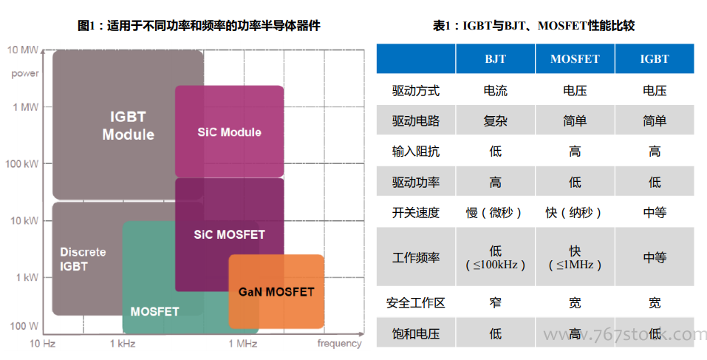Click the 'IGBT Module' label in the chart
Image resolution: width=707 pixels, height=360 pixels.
[x=128, y=126]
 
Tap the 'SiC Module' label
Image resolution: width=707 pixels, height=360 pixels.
[x=229, y=132]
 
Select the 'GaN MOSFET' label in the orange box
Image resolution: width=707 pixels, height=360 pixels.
[x=276, y=292]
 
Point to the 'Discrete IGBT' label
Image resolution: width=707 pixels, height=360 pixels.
[x=83, y=259]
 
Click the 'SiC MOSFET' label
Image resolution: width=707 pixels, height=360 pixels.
[x=229, y=234]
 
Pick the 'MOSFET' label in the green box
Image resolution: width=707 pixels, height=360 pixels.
[x=154, y=311]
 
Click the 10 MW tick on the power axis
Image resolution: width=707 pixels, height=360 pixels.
[x=23, y=50]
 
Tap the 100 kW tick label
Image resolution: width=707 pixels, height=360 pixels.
[x=21, y=164]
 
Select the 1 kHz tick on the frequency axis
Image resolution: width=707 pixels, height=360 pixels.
[x=123, y=344]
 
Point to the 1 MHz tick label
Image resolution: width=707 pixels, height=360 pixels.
[x=242, y=344]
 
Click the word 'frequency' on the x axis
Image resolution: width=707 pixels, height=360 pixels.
[x=339, y=344]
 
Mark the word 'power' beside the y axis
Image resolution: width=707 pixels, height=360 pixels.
[x=25, y=73]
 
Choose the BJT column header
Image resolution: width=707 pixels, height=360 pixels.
[x=495, y=58]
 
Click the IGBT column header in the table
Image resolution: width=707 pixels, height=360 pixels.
[x=655, y=58]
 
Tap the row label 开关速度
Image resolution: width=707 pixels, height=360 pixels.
[x=416, y=212]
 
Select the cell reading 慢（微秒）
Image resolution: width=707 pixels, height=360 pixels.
[x=495, y=212]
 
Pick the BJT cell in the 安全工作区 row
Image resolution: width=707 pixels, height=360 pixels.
[x=495, y=302]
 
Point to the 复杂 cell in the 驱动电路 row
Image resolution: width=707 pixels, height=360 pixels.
[x=495, y=121]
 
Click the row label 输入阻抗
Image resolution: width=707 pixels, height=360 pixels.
[x=416, y=151]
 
